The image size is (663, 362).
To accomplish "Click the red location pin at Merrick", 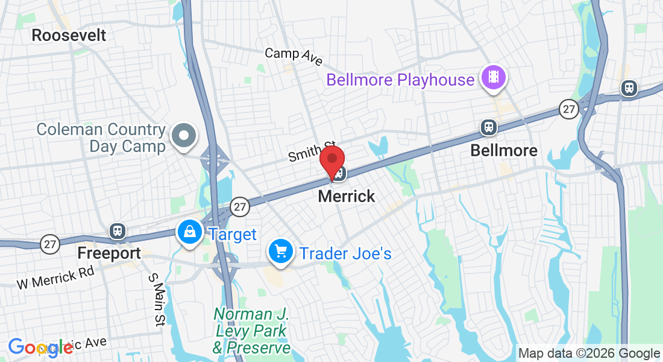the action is tap(331, 161).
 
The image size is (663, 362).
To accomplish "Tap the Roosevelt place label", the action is tap(69, 35).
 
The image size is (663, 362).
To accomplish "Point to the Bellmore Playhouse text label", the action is tap(400, 80).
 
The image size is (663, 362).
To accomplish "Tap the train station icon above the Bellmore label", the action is tap(488, 127).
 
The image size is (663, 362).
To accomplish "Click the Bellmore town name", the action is tap(503, 150).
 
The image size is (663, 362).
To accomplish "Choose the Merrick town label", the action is tap(346, 196).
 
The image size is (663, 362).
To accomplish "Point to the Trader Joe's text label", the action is tap(345, 253).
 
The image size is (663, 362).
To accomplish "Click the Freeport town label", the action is tap(108, 253).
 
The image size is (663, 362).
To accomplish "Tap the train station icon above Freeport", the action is tap(117, 230).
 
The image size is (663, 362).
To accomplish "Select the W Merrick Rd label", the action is tap(55, 277).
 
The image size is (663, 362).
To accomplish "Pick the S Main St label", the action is tap(156, 300).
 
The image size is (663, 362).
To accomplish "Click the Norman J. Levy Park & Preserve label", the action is tap(252, 331).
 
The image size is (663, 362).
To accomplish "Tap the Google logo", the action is tap(40, 347).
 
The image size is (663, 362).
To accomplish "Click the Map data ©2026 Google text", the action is tap(589, 354).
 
